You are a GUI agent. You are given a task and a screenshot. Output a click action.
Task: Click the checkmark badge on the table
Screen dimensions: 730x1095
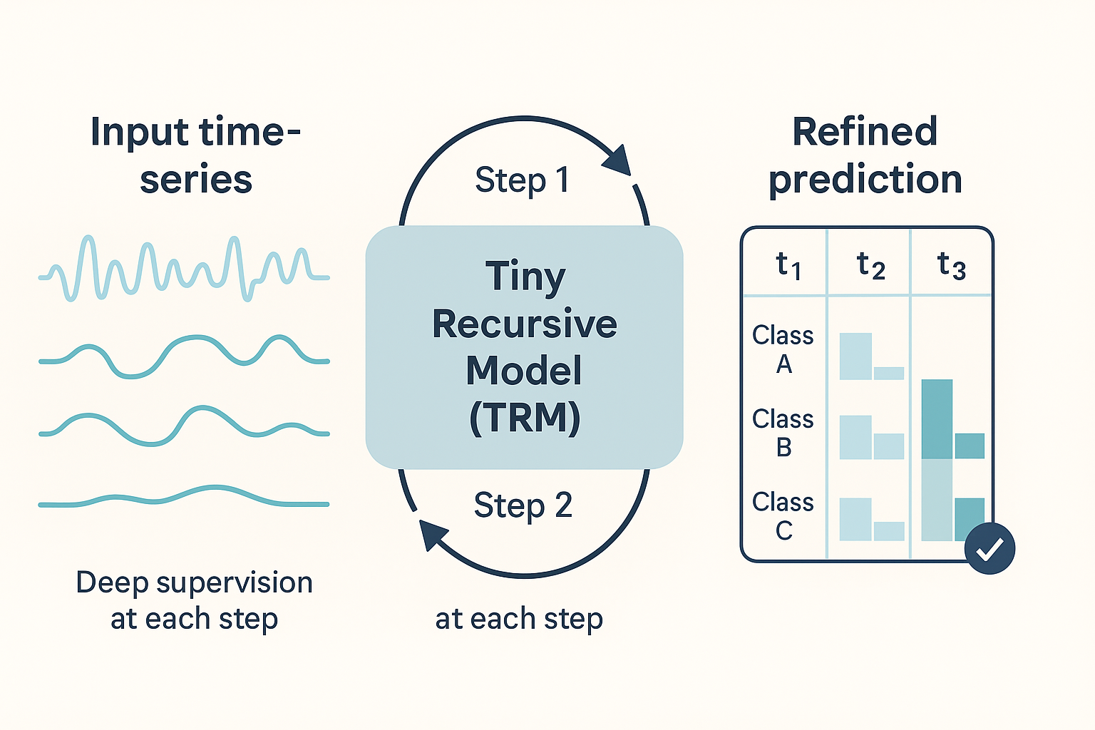pyautogui.click(x=989, y=548)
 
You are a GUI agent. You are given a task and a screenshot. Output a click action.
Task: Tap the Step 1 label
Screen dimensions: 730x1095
pyautogui.click(x=522, y=180)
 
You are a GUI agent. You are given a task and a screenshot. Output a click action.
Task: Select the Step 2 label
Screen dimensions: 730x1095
pyautogui.click(x=523, y=505)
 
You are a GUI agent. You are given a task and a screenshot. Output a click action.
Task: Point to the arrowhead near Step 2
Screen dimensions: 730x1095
pyautogui.click(x=432, y=535)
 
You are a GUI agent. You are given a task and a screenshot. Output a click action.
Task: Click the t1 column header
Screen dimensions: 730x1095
pyautogui.click(x=788, y=266)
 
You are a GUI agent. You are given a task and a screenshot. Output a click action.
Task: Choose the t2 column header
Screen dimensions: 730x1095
pyautogui.click(x=870, y=266)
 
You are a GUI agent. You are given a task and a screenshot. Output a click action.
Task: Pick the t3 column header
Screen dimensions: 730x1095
pyautogui.click(x=951, y=266)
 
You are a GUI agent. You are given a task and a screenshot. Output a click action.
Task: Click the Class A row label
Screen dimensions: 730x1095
pyautogui.click(x=783, y=349)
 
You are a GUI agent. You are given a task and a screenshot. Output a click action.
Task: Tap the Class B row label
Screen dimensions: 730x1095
pyautogui.click(x=783, y=433)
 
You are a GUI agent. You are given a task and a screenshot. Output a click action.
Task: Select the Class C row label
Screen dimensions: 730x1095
pyautogui.click(x=783, y=516)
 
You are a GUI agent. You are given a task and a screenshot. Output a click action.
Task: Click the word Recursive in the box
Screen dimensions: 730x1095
pyautogui.click(x=525, y=324)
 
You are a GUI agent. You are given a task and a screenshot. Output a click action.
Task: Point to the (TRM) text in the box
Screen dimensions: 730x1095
pyautogui.click(x=525, y=418)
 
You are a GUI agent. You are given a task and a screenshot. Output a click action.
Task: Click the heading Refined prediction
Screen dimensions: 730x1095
pyautogui.click(x=865, y=155)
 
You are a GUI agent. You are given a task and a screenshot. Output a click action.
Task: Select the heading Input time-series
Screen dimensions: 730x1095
pyautogui.click(x=195, y=155)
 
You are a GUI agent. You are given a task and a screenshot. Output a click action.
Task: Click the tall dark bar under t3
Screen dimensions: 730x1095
pyautogui.click(x=937, y=419)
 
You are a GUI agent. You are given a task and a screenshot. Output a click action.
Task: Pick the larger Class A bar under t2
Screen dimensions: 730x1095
pyautogui.click(x=855, y=356)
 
